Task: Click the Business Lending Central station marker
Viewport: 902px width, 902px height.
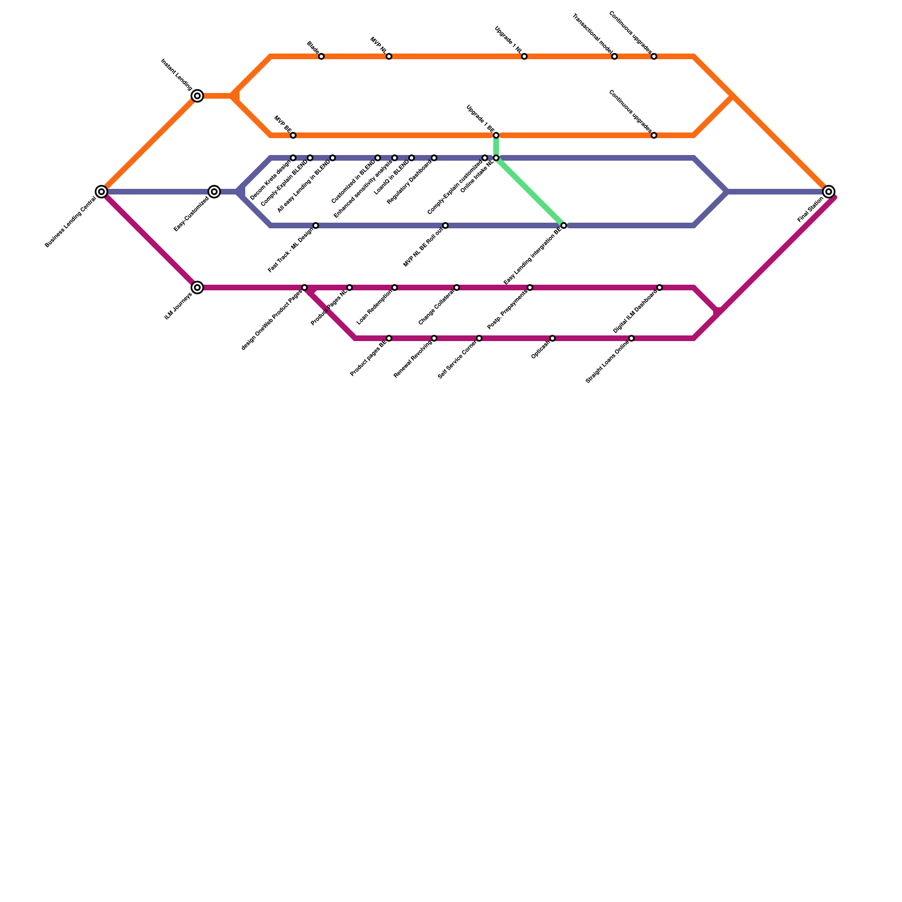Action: pos(101,192)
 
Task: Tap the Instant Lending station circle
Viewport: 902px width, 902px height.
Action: pos(197,96)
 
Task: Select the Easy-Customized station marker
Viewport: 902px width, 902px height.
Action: pos(214,192)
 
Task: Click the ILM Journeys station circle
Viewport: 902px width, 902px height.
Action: pos(197,288)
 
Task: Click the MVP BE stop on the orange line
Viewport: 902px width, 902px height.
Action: pos(293,135)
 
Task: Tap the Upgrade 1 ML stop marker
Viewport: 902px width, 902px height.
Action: pos(524,56)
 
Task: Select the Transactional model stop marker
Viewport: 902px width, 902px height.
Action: pos(614,56)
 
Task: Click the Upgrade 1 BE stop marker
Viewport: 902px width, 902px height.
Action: pos(496,135)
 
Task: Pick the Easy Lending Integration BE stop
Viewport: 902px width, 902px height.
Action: pos(564,225)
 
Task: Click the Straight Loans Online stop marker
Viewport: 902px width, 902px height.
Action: pos(631,338)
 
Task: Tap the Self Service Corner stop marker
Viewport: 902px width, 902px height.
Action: pos(479,338)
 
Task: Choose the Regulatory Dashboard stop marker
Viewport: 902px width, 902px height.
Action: pos(434,158)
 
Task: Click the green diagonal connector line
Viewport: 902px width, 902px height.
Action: pos(530,192)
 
